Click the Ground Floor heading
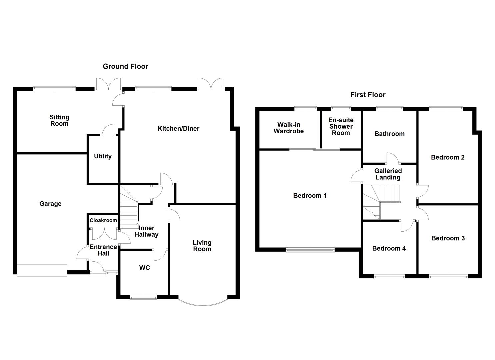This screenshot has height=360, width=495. pyautogui.click(x=125, y=66)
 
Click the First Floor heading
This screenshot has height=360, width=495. pyautogui.click(x=368, y=95)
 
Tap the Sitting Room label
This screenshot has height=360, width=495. pyautogui.click(x=59, y=120)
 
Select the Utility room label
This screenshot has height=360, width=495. pyautogui.click(x=103, y=156)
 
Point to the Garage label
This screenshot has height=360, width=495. pyautogui.click(x=50, y=204)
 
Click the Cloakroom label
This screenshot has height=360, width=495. pyautogui.click(x=103, y=220)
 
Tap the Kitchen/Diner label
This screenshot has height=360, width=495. pyautogui.click(x=178, y=129)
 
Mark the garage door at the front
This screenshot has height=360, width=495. pyautogui.click(x=42, y=270)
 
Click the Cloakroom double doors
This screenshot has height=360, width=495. pyautogui.click(x=104, y=233)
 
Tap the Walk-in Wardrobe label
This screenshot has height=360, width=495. pyautogui.click(x=289, y=128)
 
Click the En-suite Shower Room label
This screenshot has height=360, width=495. pyautogui.click(x=341, y=126)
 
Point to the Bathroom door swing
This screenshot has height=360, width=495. pyautogui.click(x=392, y=158)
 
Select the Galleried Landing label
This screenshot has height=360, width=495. pyautogui.click(x=388, y=174)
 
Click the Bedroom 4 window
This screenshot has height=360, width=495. pyautogui.click(x=389, y=276)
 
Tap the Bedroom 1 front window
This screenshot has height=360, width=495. pyautogui.click(x=310, y=250)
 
